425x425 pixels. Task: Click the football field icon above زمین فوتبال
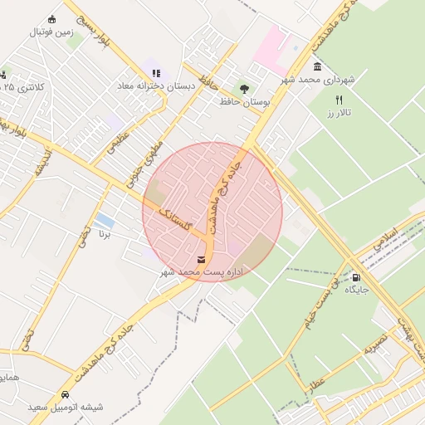pyautogui.click(x=51, y=19)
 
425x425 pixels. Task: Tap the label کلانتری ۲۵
pyautogui.click(x=21, y=86)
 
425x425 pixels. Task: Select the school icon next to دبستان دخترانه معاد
pyautogui.click(x=156, y=72)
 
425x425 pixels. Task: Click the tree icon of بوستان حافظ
pyautogui.click(x=243, y=87)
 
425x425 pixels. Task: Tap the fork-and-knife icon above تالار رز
pyautogui.click(x=339, y=100)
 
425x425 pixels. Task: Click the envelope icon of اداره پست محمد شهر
pyautogui.click(x=203, y=260)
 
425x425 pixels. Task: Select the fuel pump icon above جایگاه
pyautogui.click(x=356, y=277)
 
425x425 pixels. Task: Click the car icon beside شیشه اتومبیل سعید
pyautogui.click(x=65, y=394)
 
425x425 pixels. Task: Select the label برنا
pyautogui.click(x=105, y=235)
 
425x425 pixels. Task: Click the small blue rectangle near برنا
pyautogui.click(x=105, y=221)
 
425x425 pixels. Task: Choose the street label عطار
pyautogui.click(x=316, y=381)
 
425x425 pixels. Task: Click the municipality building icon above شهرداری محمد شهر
pyautogui.click(x=317, y=66)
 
